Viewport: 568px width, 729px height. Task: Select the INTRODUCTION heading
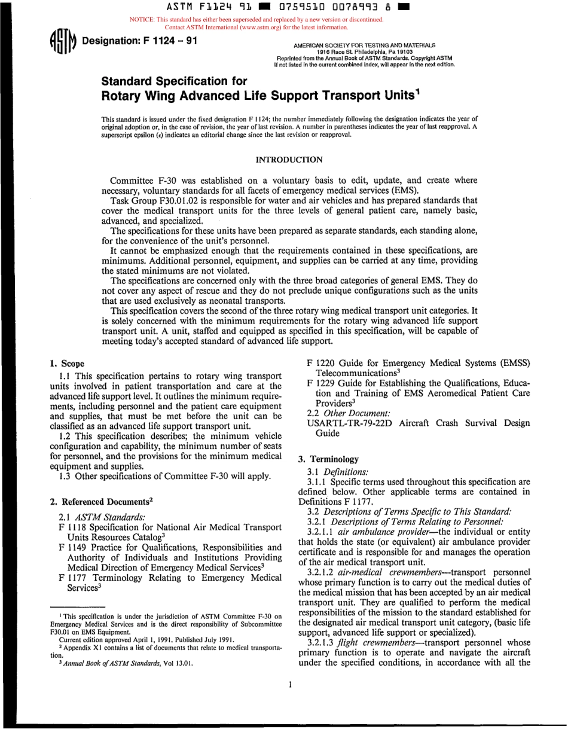(289, 160)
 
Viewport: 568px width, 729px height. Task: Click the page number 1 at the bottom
(290, 697)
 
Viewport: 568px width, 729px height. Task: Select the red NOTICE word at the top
(142, 20)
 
